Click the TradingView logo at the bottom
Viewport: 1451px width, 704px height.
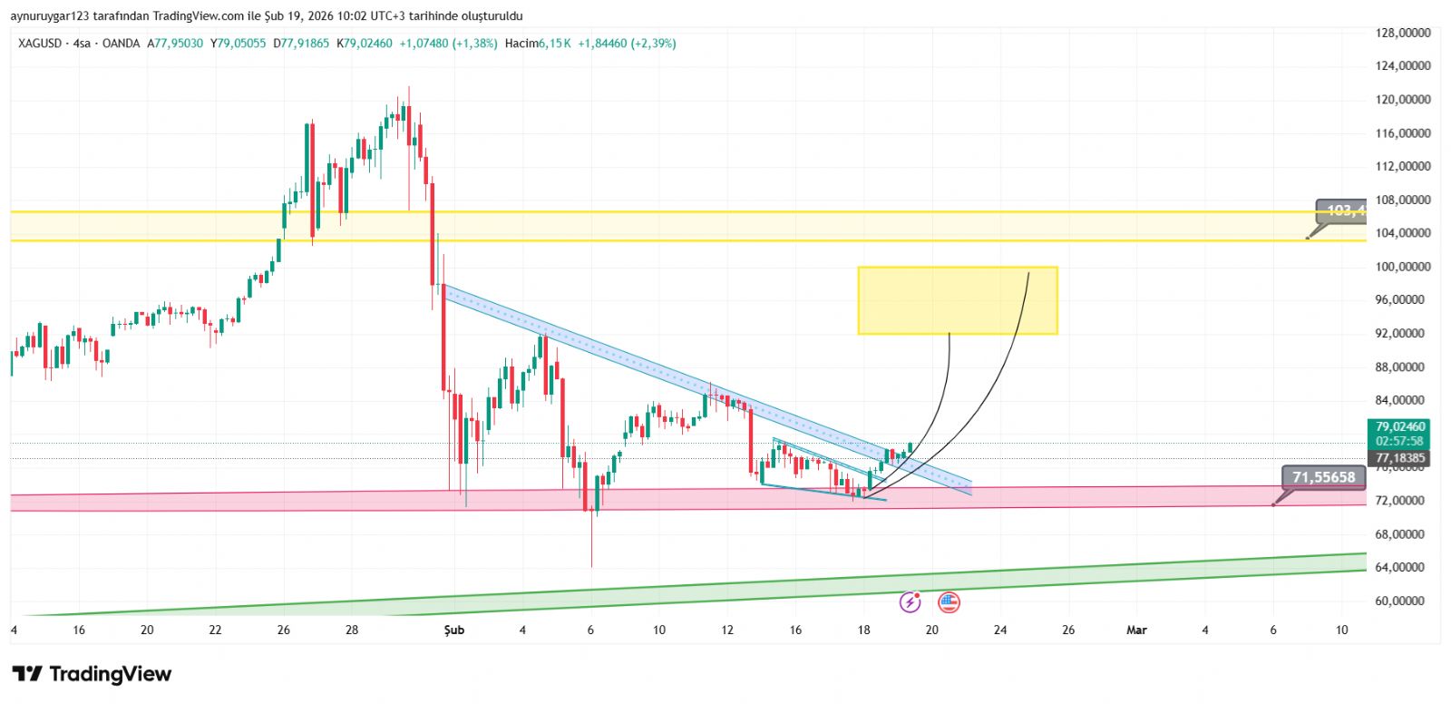[92, 674]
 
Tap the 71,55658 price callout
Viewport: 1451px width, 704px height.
[1323, 477]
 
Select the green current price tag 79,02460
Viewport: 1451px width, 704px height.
[1400, 426]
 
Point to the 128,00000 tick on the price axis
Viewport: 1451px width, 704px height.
[1403, 33]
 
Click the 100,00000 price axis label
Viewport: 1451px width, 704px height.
[1403, 267]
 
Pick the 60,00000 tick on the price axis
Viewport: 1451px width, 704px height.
[1403, 601]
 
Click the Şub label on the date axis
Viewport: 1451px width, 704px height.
[453, 630]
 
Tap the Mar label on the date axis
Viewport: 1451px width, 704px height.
[1136, 630]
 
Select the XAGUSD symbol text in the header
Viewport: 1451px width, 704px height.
[40, 44]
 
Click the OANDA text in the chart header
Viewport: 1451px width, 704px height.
[121, 44]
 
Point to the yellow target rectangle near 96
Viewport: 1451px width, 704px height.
[957, 300]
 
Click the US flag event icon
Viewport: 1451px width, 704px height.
[949, 601]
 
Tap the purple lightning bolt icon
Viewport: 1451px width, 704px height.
[910, 601]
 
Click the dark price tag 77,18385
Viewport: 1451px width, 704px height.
[1400, 458]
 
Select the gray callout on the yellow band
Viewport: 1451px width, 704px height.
[1340, 211]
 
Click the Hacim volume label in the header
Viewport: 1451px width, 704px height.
[521, 44]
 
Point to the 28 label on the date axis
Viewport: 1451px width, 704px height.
[352, 630]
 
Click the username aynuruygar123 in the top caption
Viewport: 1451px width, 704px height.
[49, 16]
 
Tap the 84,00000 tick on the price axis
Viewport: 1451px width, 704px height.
[1403, 400]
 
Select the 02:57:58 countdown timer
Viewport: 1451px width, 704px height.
[1400, 442]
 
